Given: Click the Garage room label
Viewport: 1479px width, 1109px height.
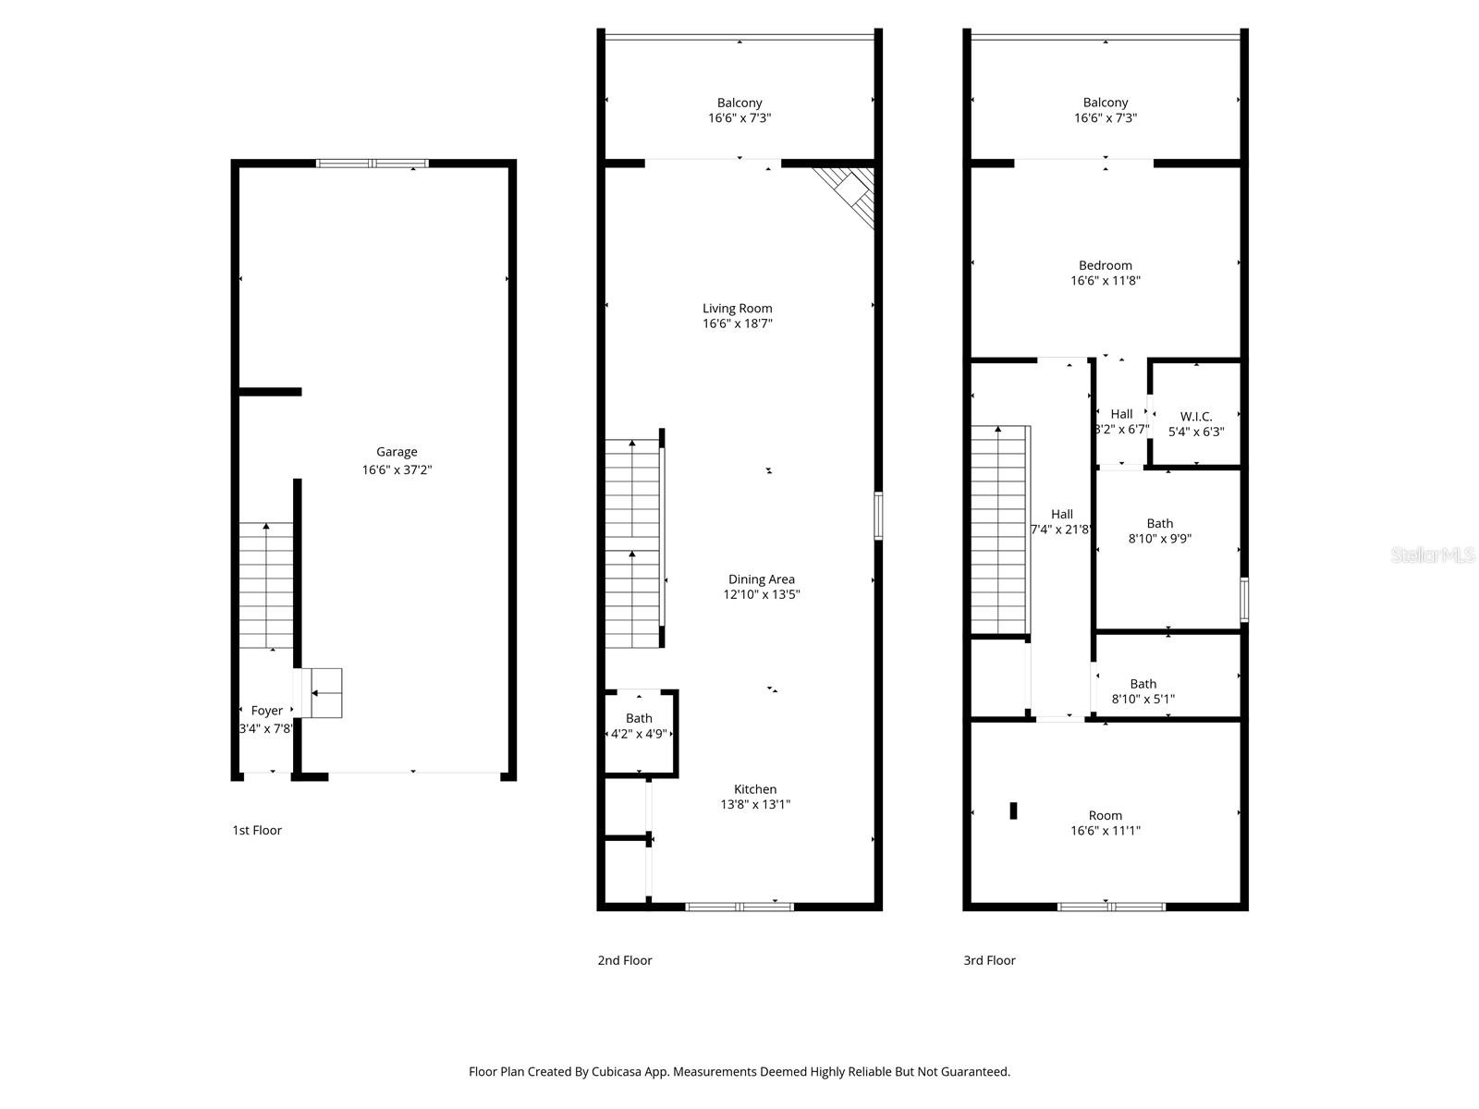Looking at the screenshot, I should point(397,453).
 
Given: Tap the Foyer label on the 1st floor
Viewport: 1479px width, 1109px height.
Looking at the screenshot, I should point(266,711).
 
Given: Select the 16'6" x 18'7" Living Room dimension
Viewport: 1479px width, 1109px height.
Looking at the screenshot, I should point(737,324).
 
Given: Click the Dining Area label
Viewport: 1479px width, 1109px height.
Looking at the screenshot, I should point(761,579).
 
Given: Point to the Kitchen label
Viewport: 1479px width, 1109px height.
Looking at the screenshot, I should point(755,789).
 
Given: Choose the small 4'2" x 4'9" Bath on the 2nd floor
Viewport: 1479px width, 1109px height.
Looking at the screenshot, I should point(639,726).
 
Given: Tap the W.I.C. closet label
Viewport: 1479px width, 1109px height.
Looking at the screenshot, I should point(1196,417).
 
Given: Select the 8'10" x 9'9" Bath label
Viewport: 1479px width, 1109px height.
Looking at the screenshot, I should point(1159,530).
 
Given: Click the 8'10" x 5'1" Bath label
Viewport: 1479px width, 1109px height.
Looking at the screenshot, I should point(1143,691).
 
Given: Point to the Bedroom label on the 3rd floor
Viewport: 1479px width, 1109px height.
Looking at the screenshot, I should point(1105,265).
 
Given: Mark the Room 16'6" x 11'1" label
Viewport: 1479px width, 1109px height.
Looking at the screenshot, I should point(1105,823).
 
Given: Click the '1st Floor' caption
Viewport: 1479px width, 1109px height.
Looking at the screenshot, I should point(257,830).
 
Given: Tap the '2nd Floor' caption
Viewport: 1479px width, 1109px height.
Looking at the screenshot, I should point(624,960).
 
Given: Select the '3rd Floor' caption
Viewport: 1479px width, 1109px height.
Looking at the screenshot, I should point(989,960).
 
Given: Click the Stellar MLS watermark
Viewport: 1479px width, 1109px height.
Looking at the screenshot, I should point(1433,555).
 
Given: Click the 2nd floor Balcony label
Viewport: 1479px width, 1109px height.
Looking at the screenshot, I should point(739,104).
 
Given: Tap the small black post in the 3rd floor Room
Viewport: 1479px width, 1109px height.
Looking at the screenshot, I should point(1013,810).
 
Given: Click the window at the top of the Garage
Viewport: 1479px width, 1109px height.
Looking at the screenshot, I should point(373,164).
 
